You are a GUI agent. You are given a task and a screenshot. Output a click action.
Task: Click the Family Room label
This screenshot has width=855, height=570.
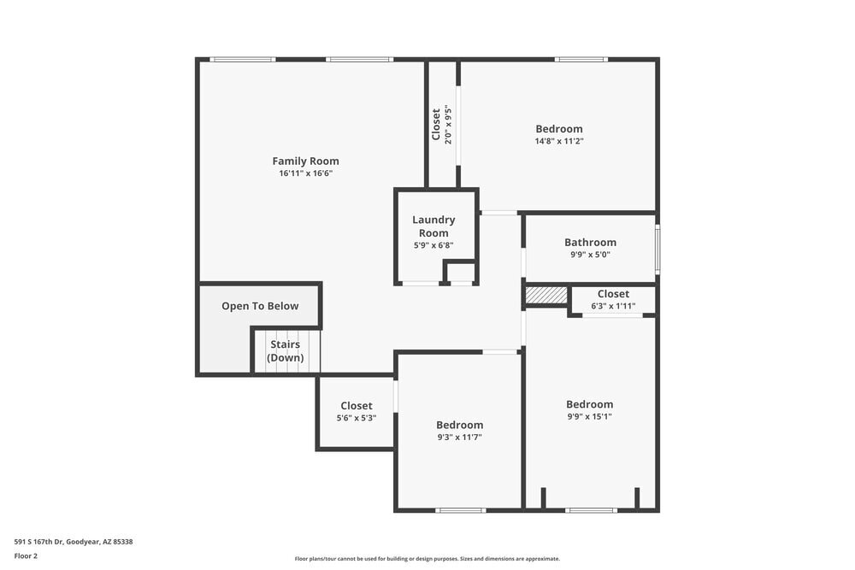[305, 161]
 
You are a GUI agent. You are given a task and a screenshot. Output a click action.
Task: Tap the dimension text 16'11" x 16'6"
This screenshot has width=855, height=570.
[305, 173]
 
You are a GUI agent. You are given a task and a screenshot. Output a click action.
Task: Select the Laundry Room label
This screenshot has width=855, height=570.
[433, 226]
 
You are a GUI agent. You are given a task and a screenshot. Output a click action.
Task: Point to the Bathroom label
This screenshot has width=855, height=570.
[590, 242]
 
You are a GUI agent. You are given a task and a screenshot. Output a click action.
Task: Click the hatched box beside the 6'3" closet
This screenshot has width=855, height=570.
[546, 295]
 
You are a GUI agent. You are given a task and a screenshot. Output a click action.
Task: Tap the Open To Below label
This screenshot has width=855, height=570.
[260, 306]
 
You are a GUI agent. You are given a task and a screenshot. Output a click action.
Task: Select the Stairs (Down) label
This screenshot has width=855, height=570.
[285, 351]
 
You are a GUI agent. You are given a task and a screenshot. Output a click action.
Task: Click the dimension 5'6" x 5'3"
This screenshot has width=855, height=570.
[356, 418]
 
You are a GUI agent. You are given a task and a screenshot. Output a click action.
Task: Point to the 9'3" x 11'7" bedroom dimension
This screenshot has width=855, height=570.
[459, 437]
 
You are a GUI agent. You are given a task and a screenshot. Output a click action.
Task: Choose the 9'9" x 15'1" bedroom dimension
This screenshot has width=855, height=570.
[589, 417]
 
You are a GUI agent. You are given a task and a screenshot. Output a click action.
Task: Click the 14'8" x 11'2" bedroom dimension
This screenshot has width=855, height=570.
[559, 141]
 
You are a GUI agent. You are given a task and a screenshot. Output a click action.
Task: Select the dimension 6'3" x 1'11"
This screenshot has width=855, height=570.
[613, 306]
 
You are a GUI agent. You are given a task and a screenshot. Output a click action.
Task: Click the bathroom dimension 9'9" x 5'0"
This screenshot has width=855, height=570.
[590, 254]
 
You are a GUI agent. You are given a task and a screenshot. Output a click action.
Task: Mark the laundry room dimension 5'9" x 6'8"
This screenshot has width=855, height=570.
[433, 245]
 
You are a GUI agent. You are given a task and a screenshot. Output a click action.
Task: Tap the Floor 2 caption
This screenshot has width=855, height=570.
[26, 555]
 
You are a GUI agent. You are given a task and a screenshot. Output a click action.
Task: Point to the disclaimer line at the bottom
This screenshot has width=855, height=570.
[427, 559]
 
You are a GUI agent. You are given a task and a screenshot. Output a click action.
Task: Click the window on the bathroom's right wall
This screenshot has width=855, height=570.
[657, 248]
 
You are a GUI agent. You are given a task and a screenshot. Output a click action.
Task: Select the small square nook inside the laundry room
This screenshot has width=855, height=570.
[460, 273]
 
